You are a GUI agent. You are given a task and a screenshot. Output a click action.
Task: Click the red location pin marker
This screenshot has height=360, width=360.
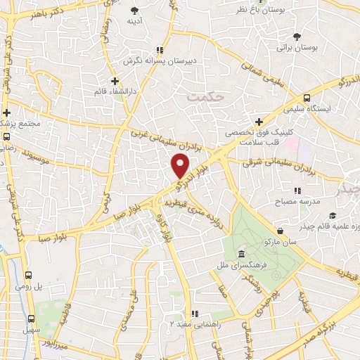(181, 165)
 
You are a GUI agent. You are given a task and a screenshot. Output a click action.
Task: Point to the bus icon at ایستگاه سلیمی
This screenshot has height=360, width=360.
(307, 99)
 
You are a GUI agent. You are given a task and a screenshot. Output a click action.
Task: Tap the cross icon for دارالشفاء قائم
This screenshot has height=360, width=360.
(115, 81)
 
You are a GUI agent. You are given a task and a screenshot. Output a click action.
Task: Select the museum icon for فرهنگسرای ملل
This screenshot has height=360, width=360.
(241, 254)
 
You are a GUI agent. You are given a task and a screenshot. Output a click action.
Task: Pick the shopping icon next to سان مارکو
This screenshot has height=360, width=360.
(281, 230)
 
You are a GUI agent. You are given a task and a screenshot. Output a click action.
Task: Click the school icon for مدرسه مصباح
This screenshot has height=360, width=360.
(298, 190)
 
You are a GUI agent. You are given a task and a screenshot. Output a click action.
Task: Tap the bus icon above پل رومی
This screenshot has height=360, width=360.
(29, 276)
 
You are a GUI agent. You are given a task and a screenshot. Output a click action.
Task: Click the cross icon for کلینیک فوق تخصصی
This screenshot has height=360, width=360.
(259, 122)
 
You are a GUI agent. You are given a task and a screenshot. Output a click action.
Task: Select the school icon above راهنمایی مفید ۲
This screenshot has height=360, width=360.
(196, 314)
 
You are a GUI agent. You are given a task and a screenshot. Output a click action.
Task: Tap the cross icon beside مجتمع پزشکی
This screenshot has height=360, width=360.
(6, 112)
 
